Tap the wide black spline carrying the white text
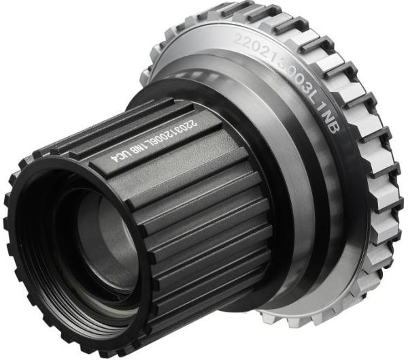tap(156, 146)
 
